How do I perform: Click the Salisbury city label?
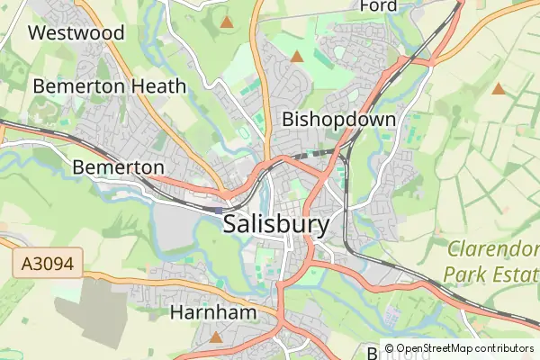point(276,224)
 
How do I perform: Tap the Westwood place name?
point(76,33)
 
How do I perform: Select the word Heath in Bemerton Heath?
point(157,86)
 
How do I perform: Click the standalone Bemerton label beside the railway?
point(118,167)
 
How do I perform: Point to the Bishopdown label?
point(338,119)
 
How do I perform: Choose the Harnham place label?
point(213,312)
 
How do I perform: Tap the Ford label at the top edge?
point(378,6)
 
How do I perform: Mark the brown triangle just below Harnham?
point(216,337)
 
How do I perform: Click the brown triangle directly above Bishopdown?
point(297,57)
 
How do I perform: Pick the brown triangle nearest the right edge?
point(499,88)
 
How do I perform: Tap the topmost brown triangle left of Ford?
point(227,21)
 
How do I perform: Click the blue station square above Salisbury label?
point(219,210)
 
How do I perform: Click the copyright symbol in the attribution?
point(389,348)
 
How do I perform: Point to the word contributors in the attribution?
point(504,348)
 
